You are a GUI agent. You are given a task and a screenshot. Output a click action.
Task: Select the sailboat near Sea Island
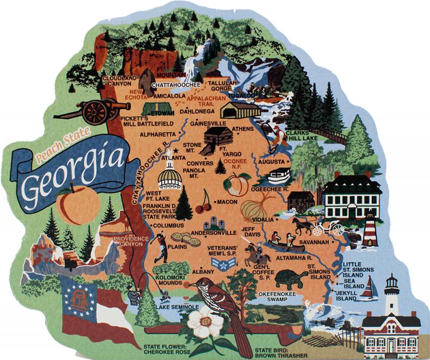tap(369, 288)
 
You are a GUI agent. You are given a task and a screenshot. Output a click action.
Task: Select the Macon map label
tap(227, 202)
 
